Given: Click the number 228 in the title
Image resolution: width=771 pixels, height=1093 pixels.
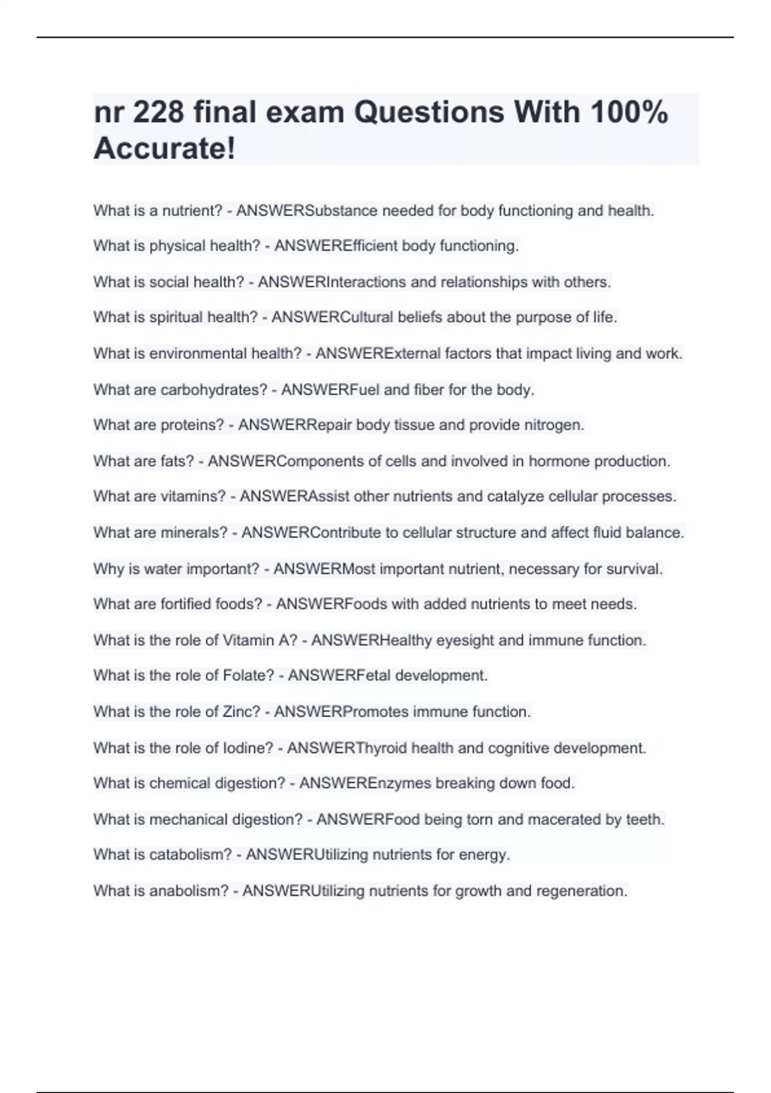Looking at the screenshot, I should click(157, 113).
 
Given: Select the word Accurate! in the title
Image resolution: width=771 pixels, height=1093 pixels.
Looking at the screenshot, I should click(164, 149).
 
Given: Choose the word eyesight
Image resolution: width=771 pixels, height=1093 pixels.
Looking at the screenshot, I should click(465, 640).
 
